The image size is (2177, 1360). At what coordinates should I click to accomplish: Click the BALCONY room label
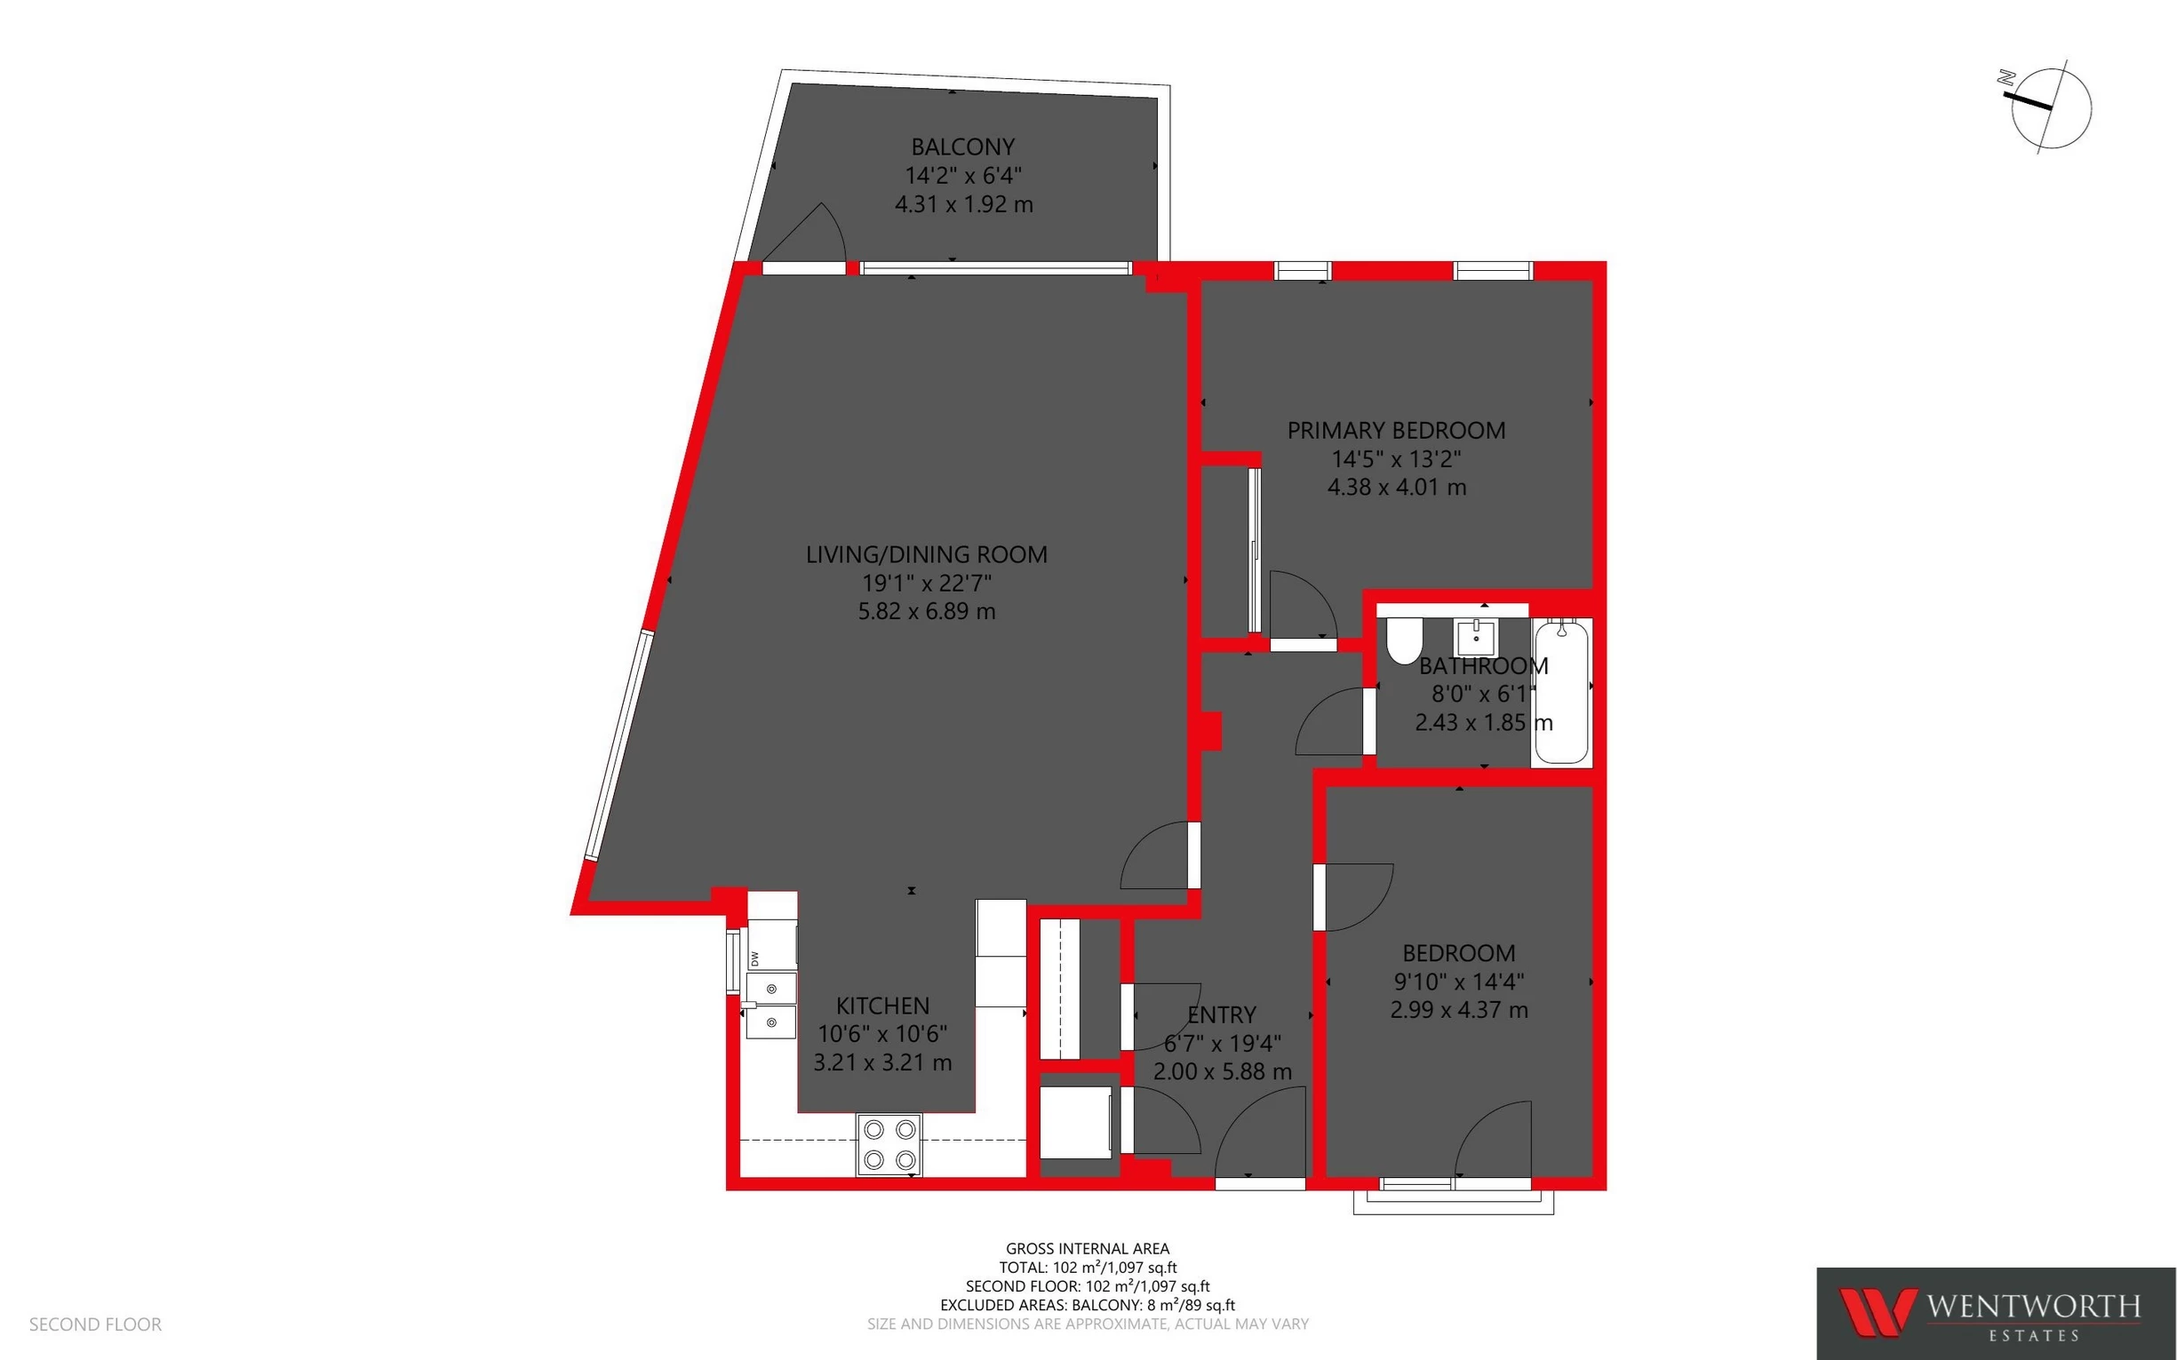tap(962, 147)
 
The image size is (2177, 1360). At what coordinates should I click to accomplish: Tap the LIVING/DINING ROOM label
tap(927, 554)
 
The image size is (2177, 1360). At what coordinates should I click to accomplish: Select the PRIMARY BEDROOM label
tap(1396, 431)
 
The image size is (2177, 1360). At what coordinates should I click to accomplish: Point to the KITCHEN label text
tap(882, 1006)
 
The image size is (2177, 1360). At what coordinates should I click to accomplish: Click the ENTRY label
tap(1222, 1014)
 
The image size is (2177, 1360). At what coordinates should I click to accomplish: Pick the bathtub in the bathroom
tap(1562, 691)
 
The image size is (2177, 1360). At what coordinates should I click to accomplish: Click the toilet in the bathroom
tap(1403, 640)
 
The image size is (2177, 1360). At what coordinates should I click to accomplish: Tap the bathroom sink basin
tap(1476, 638)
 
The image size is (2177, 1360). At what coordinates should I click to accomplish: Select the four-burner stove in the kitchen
tap(889, 1143)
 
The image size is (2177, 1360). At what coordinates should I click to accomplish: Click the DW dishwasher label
tap(754, 958)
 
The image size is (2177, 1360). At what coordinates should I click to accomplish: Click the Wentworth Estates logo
tap(1995, 1313)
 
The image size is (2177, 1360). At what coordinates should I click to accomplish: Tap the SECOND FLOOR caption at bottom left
tap(95, 1324)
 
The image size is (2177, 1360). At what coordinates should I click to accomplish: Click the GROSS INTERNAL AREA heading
tap(1088, 1248)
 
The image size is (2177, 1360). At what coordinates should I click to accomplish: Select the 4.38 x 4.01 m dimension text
tap(1396, 488)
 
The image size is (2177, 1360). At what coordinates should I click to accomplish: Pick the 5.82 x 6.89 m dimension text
tap(927, 612)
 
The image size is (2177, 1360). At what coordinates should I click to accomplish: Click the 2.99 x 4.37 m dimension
tap(1458, 1010)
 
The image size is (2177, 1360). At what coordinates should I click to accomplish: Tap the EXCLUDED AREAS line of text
tap(1088, 1305)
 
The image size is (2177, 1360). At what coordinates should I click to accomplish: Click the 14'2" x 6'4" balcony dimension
tap(962, 175)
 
